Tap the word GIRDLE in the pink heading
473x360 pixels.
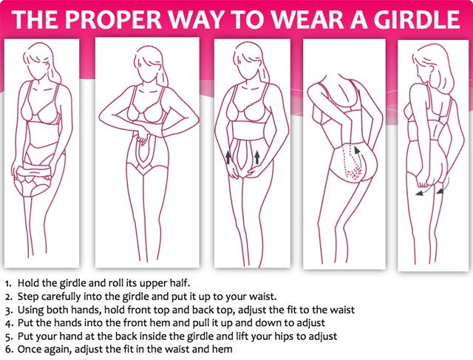tap(417, 19)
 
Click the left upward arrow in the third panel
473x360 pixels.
tap(228, 157)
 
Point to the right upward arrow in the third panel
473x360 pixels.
tap(256, 157)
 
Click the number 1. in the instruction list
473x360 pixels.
tap(8, 283)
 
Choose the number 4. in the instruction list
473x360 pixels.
tap(9, 323)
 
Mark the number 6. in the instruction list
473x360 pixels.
tap(9, 350)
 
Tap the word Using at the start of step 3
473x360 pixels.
tap(30, 310)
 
